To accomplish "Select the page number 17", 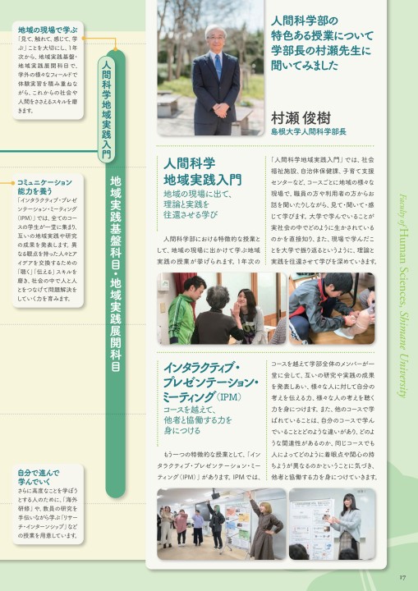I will pos(402,575).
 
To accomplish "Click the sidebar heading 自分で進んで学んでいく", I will pos(38,477).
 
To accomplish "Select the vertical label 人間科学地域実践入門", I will pos(104,108).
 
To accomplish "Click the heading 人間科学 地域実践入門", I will pos(202,171).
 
